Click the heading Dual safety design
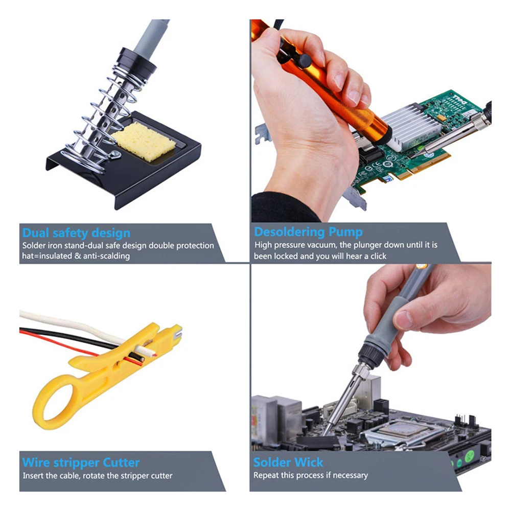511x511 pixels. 76,234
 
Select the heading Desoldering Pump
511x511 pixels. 309,232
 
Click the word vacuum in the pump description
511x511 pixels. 323,245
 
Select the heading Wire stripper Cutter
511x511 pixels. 81,463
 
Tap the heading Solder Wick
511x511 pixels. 288,462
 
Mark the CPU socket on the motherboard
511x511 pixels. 404,429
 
